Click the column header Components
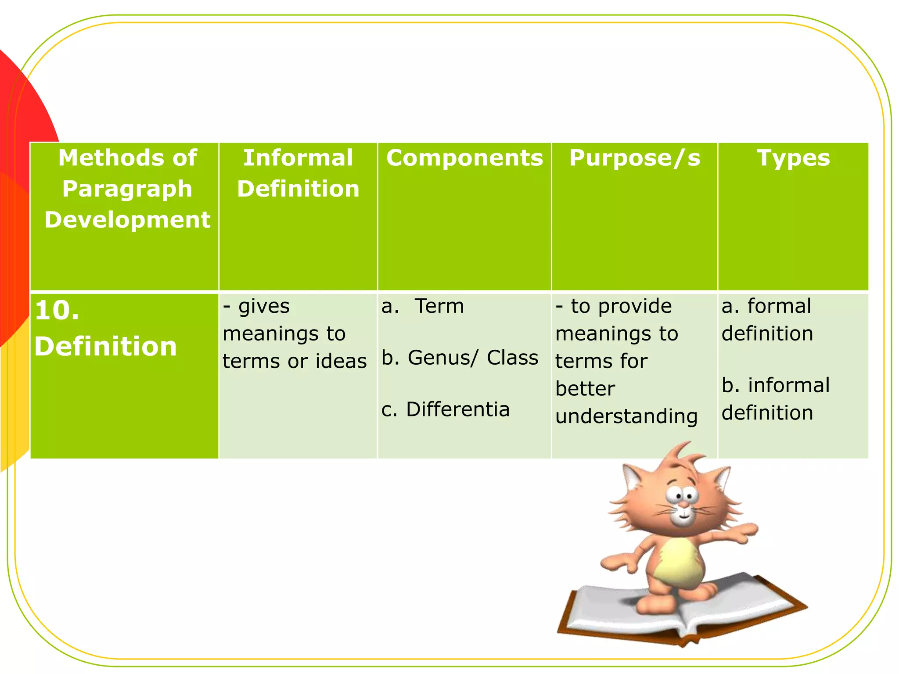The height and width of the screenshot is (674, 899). [x=464, y=158]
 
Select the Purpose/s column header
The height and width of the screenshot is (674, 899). [x=634, y=158]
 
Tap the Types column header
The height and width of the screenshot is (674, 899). [x=793, y=158]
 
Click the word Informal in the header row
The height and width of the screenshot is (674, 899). [x=298, y=158]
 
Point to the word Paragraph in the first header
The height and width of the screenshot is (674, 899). [x=127, y=189]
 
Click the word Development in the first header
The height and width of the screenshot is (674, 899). [x=127, y=220]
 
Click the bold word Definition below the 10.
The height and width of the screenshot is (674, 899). [x=106, y=347]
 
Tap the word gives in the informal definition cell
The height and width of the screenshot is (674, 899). [x=264, y=306]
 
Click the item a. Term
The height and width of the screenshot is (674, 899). [x=423, y=306]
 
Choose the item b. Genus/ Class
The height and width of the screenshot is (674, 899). [x=460, y=358]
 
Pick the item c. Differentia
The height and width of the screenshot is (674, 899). [x=445, y=409]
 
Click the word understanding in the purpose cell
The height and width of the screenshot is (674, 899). [x=626, y=416]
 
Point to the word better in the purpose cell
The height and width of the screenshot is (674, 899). [x=585, y=389]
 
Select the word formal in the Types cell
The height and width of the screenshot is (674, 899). [x=779, y=306]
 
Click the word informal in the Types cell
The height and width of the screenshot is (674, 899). [x=789, y=385]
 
